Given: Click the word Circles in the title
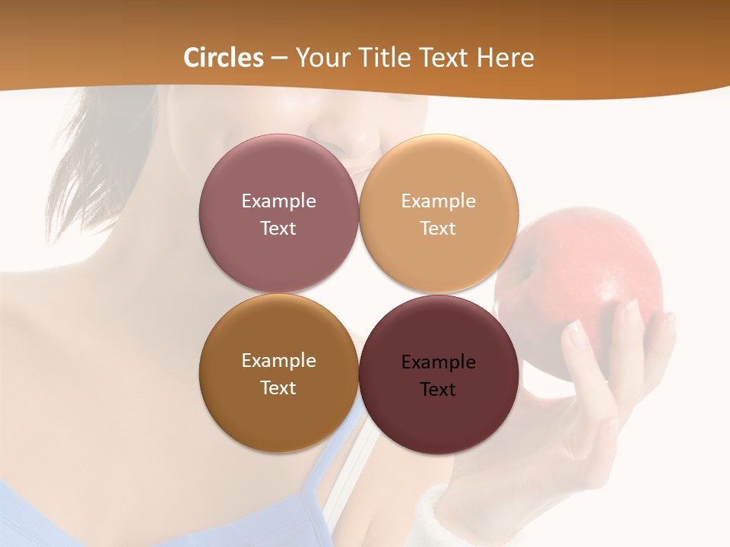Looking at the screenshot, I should tap(223, 58).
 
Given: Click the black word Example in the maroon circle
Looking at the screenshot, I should tap(438, 362).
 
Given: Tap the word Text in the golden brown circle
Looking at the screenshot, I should tap(278, 387).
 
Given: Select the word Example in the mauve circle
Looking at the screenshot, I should tap(278, 201).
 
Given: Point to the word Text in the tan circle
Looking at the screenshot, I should tap(438, 228).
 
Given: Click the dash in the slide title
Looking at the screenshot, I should tap(279, 58).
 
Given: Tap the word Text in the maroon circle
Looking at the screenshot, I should tap(438, 389).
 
